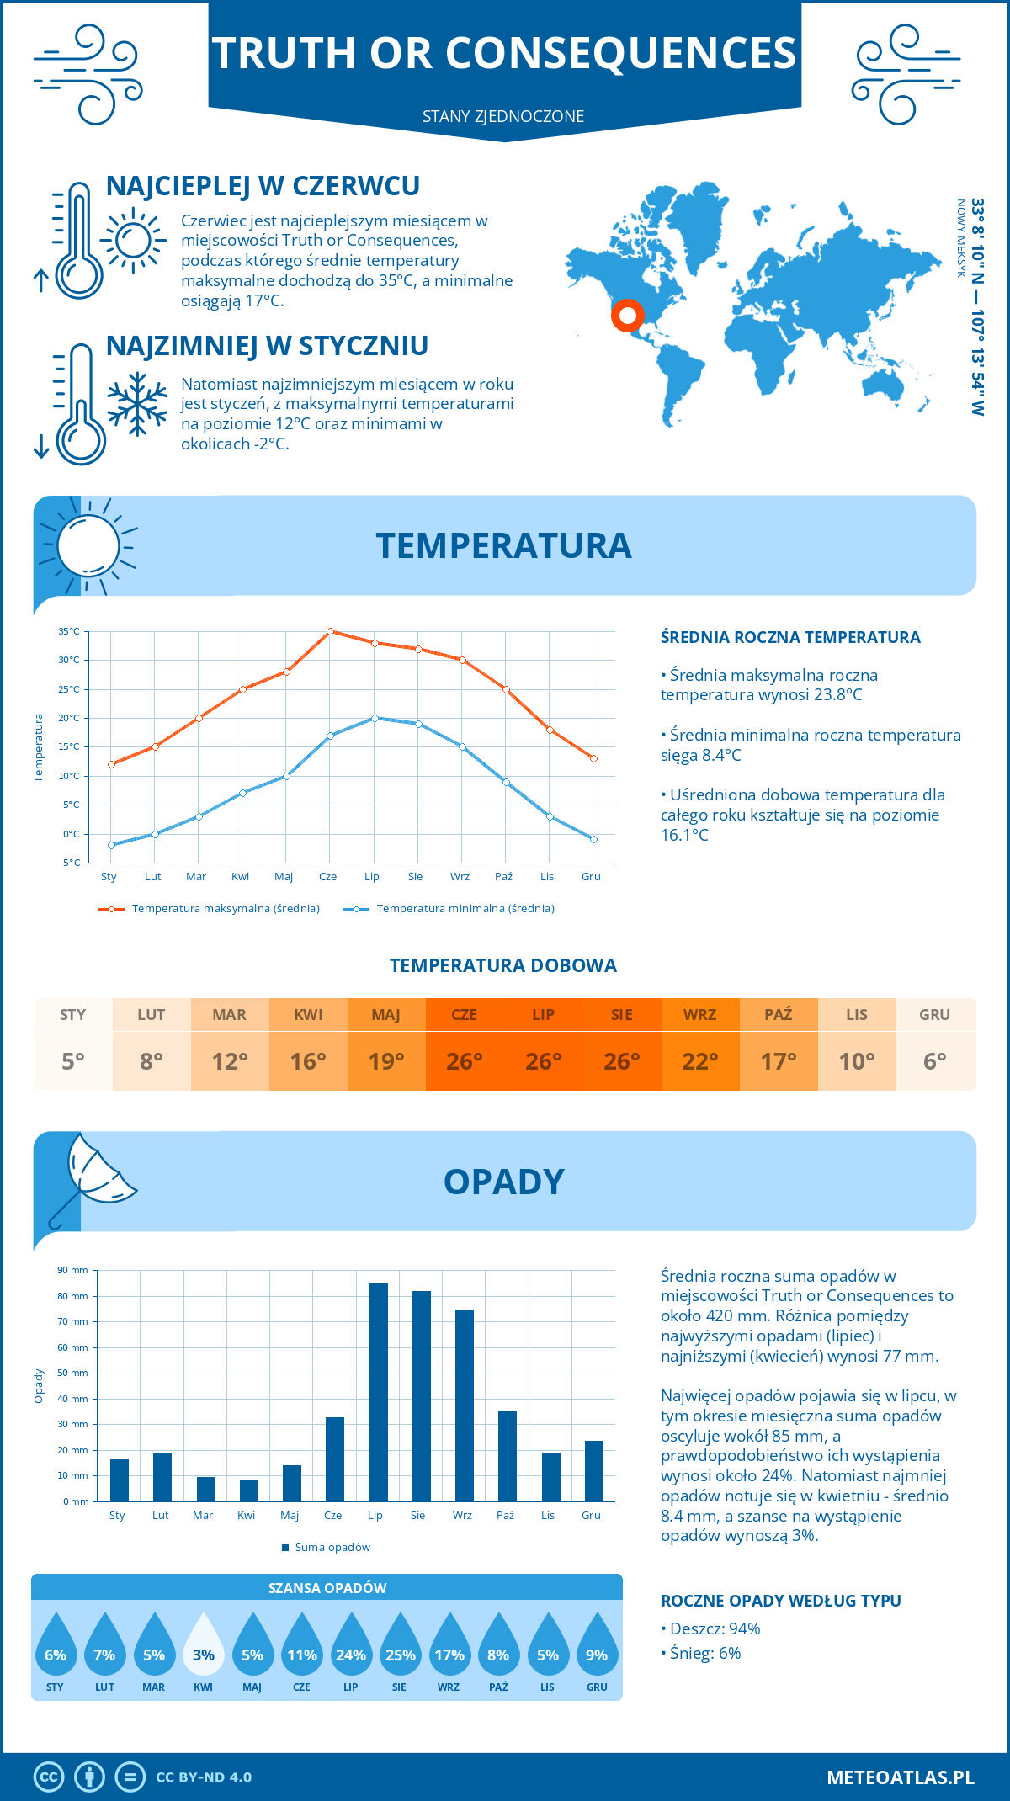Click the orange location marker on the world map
(x=627, y=316)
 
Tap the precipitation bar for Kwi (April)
(x=249, y=1490)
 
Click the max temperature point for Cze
(x=330, y=631)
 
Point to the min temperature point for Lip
(x=375, y=718)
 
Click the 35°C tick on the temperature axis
(x=69, y=631)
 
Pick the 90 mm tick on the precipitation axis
(x=72, y=1270)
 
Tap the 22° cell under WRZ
(x=700, y=1061)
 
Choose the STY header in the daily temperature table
(x=73, y=1015)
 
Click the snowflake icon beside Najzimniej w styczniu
(x=137, y=404)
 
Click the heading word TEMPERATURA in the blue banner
(x=503, y=545)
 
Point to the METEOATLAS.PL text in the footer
(x=900, y=1777)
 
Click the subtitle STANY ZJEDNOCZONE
(x=503, y=116)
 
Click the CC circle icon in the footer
(x=49, y=1777)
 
